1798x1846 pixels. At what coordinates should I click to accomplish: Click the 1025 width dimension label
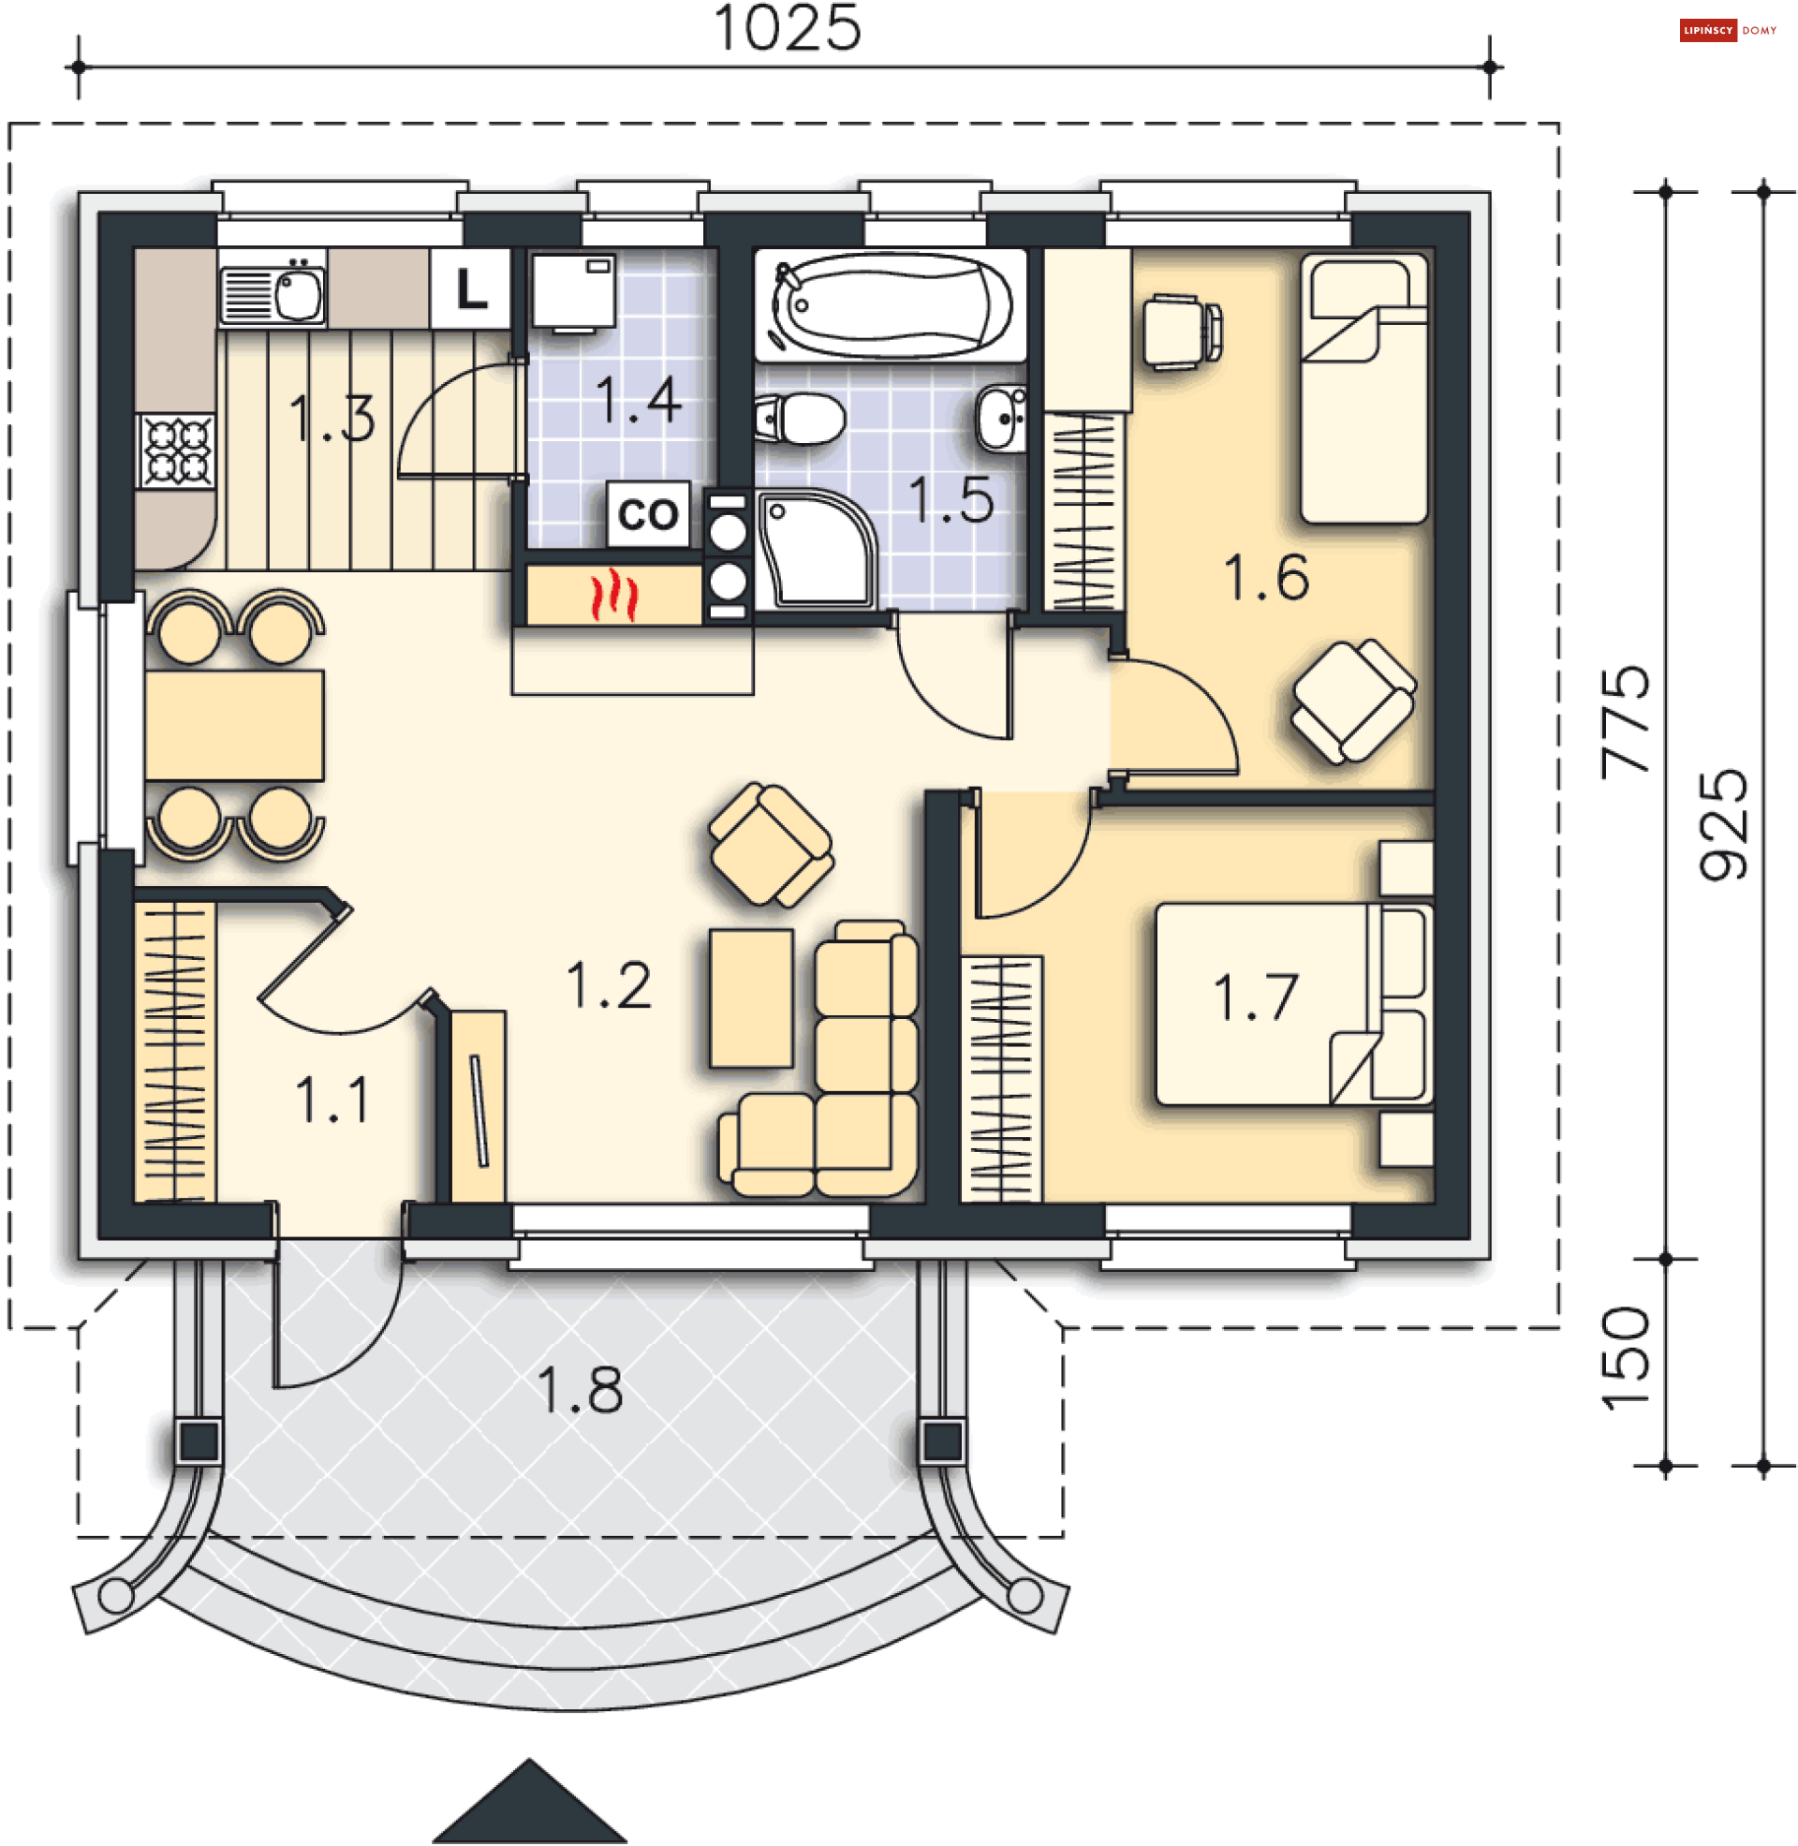point(787,27)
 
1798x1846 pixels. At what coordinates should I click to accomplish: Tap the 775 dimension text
point(1626,722)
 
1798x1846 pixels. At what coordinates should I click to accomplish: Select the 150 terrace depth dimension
point(1626,1359)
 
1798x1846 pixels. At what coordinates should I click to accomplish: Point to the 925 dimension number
point(1723,825)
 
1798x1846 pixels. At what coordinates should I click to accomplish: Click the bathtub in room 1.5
point(892,305)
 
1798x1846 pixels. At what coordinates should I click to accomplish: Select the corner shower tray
point(816,549)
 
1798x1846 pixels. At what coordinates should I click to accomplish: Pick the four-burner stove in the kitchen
point(177,451)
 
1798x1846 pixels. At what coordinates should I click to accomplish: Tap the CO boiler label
point(648,514)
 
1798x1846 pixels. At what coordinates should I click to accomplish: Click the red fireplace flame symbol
point(613,595)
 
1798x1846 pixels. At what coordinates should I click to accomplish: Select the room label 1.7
point(1256,998)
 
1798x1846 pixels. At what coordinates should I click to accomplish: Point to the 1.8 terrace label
point(580,1391)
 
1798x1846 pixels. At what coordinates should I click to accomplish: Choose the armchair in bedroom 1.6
point(1353,701)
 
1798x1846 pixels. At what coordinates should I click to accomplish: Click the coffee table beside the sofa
point(751,999)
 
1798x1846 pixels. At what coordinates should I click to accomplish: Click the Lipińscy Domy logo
point(1728,30)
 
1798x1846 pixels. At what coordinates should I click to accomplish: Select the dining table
point(234,726)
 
